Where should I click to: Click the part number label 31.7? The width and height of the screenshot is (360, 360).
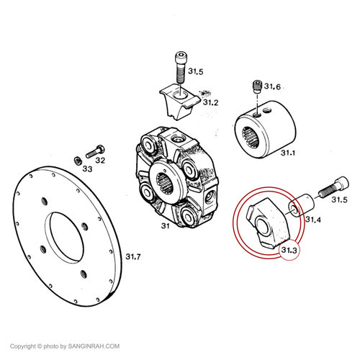coord(133,257)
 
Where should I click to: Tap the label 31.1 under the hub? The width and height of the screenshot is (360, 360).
coord(288,153)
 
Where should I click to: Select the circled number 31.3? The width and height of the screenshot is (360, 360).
coord(289,250)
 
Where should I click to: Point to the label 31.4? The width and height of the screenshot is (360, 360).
coord(313,220)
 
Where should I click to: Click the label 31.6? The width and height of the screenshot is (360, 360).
coord(272,86)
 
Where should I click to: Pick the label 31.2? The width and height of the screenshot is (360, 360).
coord(211,102)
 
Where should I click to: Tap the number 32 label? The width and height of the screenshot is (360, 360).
coord(100,160)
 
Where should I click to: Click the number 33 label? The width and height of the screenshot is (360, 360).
coord(87,169)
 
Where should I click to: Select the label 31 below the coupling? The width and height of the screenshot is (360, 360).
coord(166,226)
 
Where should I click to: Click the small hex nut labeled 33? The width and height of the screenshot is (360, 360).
coord(78,161)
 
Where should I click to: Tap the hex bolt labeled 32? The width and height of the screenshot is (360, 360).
coord(95,152)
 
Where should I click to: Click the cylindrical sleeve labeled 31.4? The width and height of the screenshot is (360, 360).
coord(301,206)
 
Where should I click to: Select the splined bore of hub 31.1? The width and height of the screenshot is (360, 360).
coord(251,138)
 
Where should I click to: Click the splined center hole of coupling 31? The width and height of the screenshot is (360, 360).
coord(165,184)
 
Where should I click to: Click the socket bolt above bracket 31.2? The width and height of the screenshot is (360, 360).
coord(180,68)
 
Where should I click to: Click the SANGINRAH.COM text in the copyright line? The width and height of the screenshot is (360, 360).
coord(94,346)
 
